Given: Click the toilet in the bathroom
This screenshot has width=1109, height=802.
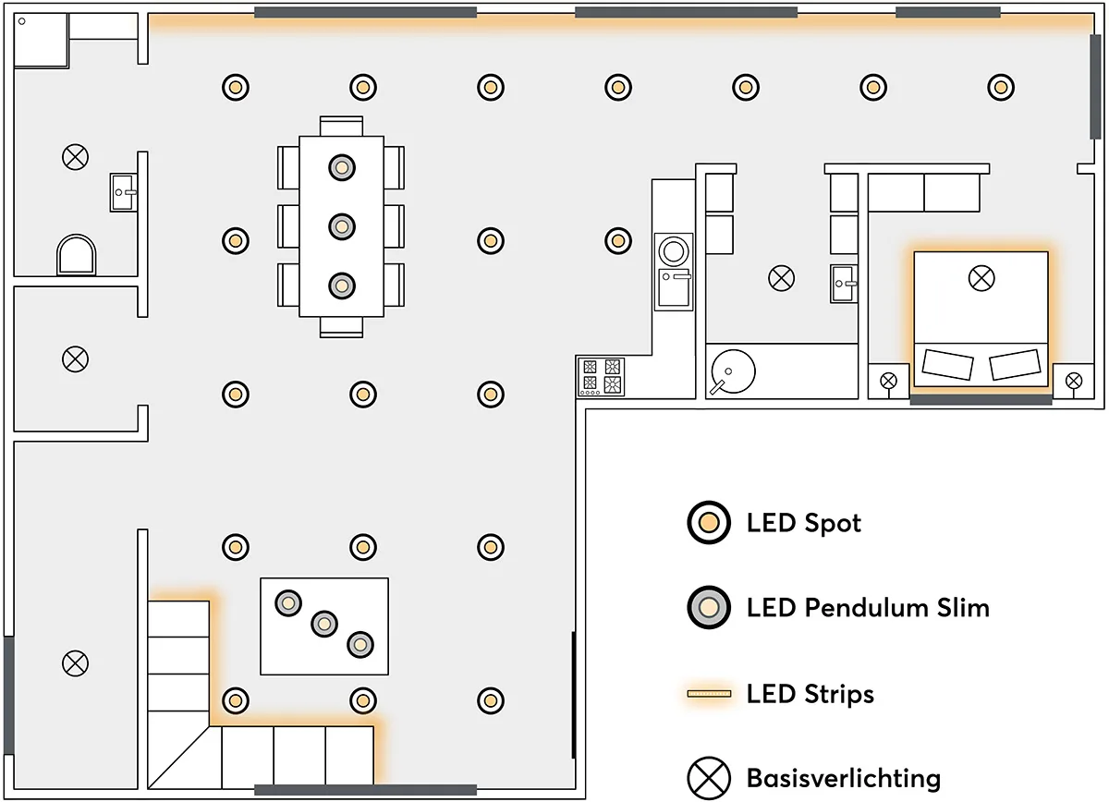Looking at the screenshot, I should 77,254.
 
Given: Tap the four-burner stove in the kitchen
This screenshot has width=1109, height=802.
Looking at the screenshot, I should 601,376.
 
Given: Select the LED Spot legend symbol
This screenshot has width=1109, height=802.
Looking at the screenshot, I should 709,523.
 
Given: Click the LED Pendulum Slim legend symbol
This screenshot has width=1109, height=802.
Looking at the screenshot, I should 709,608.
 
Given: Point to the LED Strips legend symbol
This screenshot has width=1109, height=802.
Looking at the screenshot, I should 709,693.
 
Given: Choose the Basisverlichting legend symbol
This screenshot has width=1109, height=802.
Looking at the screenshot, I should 709,778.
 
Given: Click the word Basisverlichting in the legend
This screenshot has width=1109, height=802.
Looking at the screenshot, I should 843,778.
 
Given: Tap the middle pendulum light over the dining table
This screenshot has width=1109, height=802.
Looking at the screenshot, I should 342,225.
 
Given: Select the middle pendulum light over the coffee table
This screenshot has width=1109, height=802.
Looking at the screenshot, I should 323,624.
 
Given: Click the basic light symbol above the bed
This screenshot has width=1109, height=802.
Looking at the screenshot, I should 981,276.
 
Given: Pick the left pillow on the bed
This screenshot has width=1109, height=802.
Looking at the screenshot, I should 947,364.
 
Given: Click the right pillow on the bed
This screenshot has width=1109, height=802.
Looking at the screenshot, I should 1015,365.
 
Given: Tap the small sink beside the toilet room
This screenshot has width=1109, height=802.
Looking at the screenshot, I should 123,192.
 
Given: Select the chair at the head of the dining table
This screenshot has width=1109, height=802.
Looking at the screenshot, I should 342,126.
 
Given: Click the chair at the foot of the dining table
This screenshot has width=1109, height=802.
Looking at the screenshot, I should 342,327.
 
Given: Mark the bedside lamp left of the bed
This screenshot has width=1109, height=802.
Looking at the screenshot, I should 888,380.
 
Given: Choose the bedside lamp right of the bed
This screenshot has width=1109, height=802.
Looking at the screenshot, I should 1073,380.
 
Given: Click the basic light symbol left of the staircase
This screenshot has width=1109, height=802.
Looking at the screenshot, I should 75,662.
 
